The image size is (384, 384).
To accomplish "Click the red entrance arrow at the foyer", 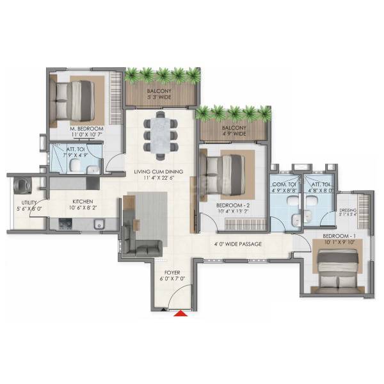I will coord(182,314).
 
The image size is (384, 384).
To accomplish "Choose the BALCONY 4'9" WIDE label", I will coord(234,131).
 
